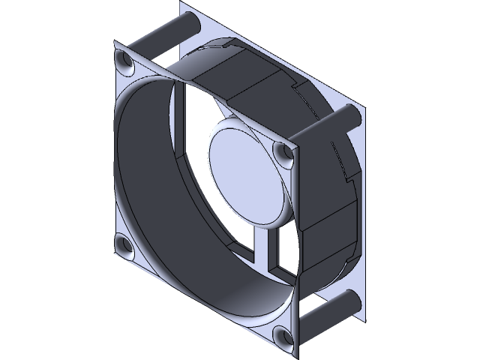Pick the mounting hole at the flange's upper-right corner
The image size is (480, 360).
coord(284,154)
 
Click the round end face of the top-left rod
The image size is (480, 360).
coord(190,22)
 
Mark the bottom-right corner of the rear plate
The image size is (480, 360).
coord(364,319)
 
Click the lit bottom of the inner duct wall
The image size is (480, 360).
coord(225,300)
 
